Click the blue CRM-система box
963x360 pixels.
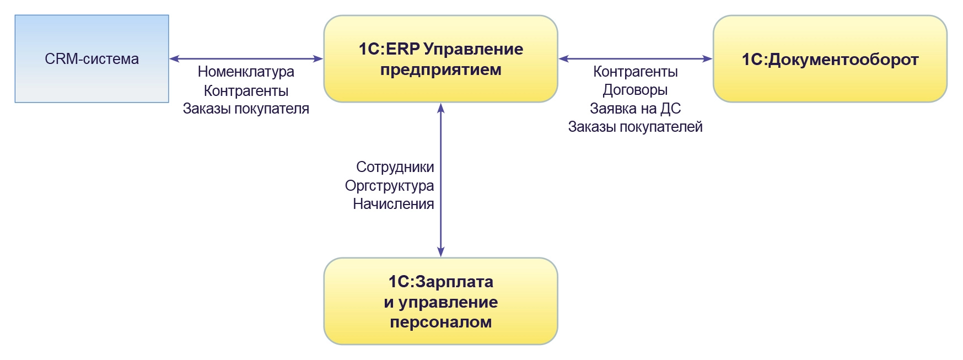coord(92,59)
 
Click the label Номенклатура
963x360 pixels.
coord(246,72)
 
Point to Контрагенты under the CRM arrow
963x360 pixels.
coord(246,91)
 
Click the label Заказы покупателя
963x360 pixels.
coord(246,109)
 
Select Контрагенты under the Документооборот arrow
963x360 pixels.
coord(635,72)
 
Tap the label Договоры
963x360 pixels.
coord(635,90)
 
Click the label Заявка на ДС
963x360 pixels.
coord(635,109)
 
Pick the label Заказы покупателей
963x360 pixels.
coord(635,127)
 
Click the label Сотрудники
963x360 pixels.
coord(395,167)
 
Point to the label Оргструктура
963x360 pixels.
coord(389,186)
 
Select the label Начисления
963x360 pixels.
coord(393,204)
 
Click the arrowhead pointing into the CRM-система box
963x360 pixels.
coord(174,58)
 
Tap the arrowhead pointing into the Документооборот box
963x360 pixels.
coord(708,58)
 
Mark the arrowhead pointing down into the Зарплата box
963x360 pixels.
coord(440,252)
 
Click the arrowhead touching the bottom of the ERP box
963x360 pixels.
coord(440,108)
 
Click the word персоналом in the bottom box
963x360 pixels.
coord(440,323)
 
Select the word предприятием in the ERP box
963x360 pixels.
coord(440,70)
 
